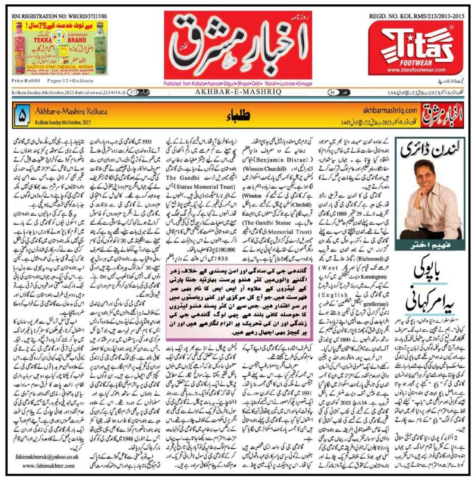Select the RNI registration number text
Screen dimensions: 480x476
[60, 16]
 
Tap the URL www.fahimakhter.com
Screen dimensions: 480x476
[49, 466]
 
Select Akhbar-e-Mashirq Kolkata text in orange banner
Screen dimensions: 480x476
[71, 112]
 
